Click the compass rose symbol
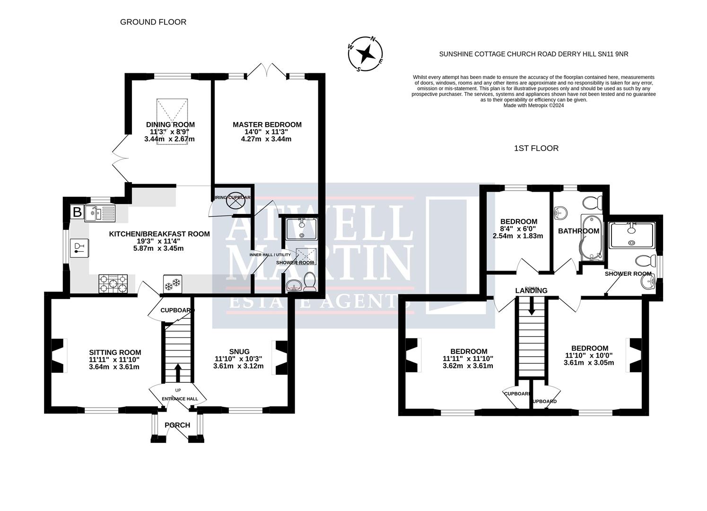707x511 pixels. [366, 54]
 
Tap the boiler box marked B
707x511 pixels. [77, 211]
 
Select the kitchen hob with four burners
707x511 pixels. [113, 284]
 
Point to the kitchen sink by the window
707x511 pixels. [99, 213]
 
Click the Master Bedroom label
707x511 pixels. [267, 124]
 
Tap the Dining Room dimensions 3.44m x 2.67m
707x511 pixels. [169, 139]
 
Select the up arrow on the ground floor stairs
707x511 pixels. [178, 372]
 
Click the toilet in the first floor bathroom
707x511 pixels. [592, 203]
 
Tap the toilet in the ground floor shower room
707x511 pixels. [310, 282]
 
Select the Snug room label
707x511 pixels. [239, 351]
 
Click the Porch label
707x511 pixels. [177, 425]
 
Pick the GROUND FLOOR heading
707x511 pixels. [153, 22]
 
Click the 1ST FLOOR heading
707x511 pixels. [536, 148]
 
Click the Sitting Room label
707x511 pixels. [115, 352]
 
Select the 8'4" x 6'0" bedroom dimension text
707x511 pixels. [519, 229]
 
